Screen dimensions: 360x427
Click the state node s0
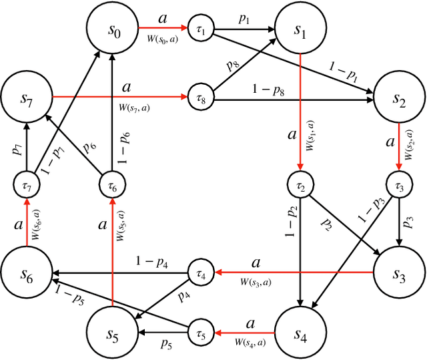pyautogui.click(x=111, y=30)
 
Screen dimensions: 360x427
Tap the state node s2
pyautogui.click(x=398, y=98)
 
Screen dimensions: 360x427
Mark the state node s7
pyautogui.click(x=27, y=98)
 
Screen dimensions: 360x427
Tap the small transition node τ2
pyautogui.click(x=301, y=184)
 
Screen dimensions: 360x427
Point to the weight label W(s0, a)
pyautogui.click(x=162, y=40)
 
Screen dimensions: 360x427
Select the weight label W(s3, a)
pyautogui.click(x=256, y=283)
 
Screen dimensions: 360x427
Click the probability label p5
pyautogui.click(x=167, y=343)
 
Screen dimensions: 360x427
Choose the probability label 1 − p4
pyautogui.click(x=152, y=261)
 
